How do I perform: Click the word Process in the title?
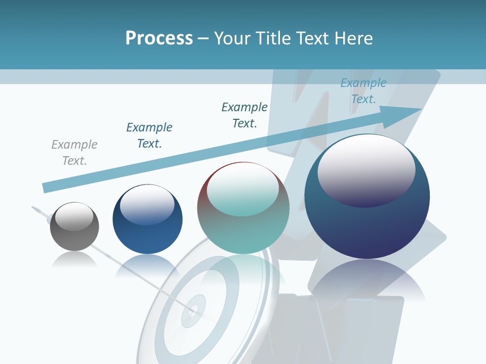[x=159, y=38]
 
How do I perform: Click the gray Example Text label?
[x=74, y=153]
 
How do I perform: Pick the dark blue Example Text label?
[x=149, y=135]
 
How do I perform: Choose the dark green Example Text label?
[x=245, y=115]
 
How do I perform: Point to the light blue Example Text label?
[x=363, y=91]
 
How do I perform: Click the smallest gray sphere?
[x=74, y=233]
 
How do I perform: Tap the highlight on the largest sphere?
[x=366, y=169]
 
